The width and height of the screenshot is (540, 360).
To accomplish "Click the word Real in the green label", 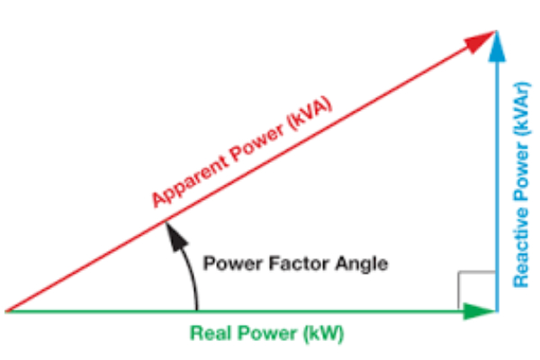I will coord(207,333).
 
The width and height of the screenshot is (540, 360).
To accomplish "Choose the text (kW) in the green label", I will coord(324,333).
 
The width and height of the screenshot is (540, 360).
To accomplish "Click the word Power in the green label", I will coord(263,333).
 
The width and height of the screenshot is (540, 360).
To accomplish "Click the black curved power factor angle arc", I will coord(191,274).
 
